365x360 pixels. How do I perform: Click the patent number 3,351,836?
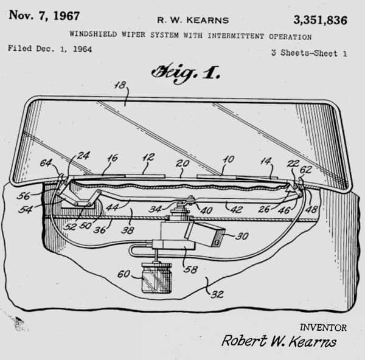point(321,20)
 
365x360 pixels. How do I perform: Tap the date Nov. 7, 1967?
point(44,16)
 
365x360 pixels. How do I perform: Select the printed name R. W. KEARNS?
point(193,20)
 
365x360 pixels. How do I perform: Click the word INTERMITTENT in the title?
point(236,36)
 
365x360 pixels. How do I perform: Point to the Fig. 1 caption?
point(186,72)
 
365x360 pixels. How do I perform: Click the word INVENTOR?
point(323,328)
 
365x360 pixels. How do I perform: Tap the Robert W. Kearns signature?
point(279,341)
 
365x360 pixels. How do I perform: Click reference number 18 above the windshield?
point(120,85)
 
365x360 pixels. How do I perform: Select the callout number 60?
point(123,274)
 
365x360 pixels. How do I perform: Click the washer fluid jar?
point(157,277)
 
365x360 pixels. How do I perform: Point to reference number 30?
point(242,236)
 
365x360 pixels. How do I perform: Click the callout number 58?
point(191,269)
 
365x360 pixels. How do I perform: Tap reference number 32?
point(217,294)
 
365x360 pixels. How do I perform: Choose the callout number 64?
point(46,162)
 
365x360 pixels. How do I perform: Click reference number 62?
point(305,170)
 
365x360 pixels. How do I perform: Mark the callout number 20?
point(182,164)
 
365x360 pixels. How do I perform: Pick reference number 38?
point(128,230)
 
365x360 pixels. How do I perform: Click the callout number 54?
point(25,210)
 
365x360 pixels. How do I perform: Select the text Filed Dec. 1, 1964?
point(50,49)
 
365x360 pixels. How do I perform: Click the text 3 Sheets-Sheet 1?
point(309,53)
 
